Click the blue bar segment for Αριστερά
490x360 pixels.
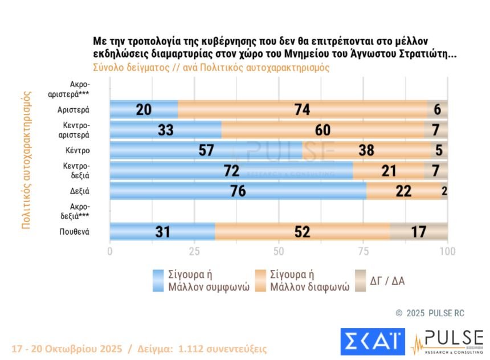coord(144,109)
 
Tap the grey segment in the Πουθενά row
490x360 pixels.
coord(418,232)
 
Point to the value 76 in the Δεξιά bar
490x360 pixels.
coord(238,191)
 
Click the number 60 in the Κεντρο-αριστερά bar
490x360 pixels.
coord(322,130)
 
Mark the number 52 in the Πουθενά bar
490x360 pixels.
coord(303,232)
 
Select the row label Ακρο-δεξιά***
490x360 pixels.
coord(76,211)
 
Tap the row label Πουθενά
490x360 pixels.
coord(75,232)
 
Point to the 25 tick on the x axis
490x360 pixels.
coord(194,251)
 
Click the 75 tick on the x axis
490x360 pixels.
coord(363,251)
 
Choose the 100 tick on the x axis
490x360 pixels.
coord(447,251)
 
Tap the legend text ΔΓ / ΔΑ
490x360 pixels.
coord(387,281)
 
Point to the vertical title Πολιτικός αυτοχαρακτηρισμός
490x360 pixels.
coord(26,159)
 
